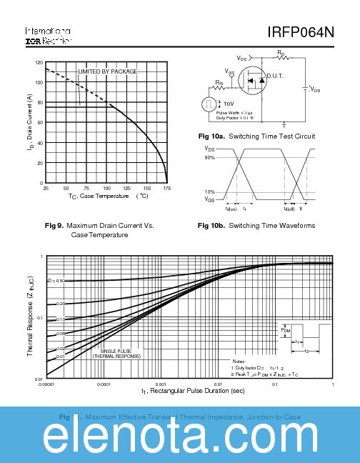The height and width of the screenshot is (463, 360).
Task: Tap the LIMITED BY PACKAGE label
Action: coord(107,71)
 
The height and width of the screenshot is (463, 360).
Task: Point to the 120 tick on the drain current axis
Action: coord(39,63)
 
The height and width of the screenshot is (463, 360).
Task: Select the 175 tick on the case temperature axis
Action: coord(166,188)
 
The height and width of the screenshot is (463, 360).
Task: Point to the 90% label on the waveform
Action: coord(209,157)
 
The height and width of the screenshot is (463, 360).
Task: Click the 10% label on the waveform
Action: coord(209,192)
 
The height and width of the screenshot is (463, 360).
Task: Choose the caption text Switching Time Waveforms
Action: coord(271,226)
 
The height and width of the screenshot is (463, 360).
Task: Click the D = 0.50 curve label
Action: coord(56,281)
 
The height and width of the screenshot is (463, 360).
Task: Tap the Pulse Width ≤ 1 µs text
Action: coord(234,113)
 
